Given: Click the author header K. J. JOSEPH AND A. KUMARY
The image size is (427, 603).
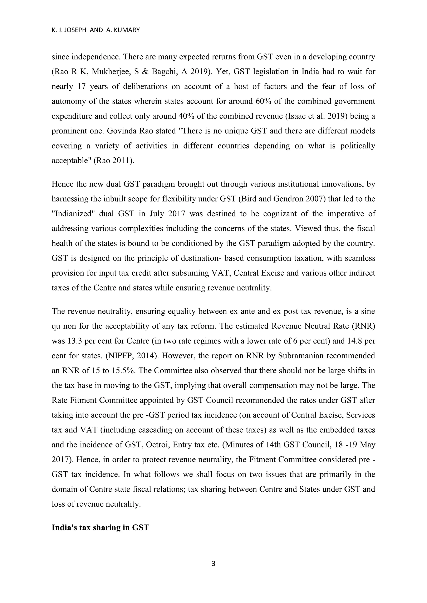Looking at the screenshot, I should [96, 30].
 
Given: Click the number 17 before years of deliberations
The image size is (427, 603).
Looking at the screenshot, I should [82, 86].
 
